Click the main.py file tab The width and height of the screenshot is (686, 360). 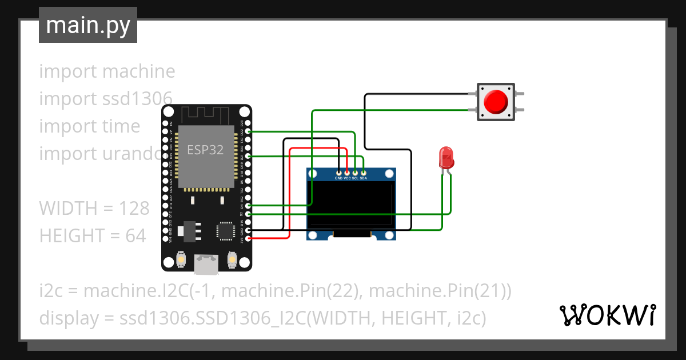[x=87, y=25]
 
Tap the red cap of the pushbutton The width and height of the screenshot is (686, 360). [x=495, y=102]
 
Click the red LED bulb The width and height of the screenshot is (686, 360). [x=445, y=157]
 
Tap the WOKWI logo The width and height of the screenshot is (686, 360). [x=607, y=315]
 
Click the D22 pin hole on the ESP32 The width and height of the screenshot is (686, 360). [x=248, y=131]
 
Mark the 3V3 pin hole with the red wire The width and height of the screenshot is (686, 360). [x=248, y=238]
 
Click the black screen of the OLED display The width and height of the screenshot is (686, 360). [x=352, y=203]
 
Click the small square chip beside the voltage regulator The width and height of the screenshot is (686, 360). [x=225, y=230]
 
